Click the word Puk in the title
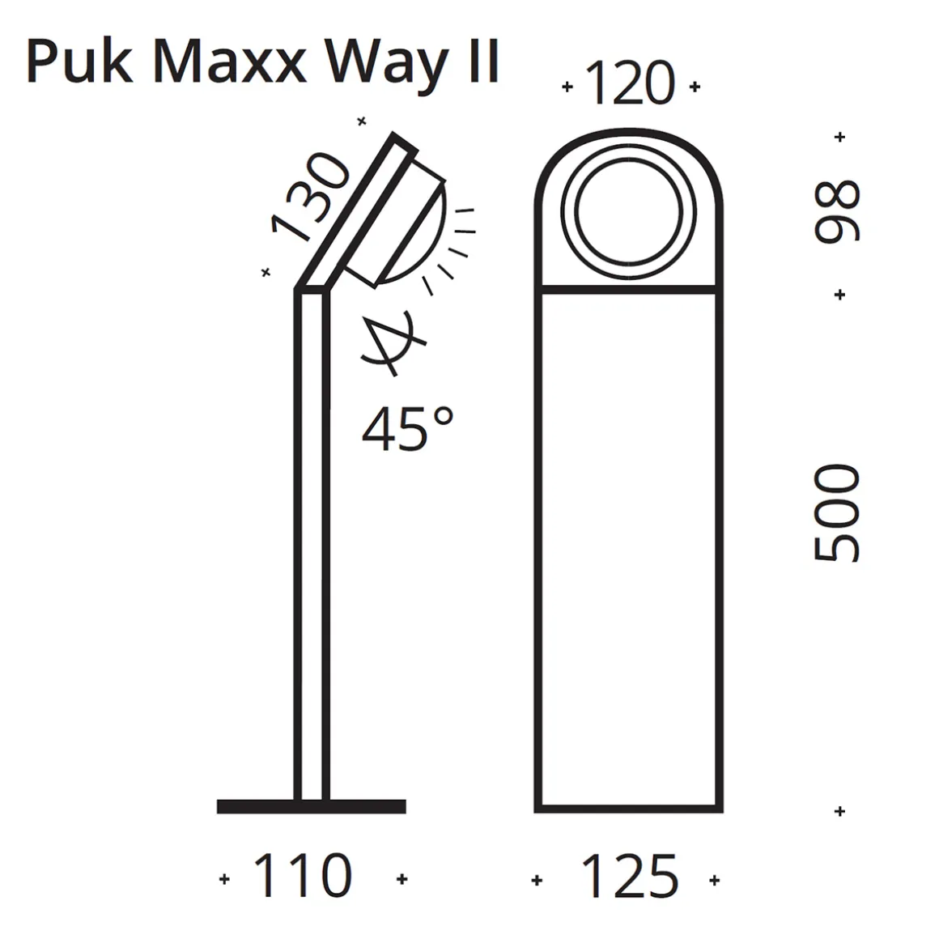pyautogui.click(x=79, y=63)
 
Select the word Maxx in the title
pyautogui.click(x=228, y=63)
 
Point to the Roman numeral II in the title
pyautogui.click(x=483, y=62)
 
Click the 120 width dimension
pyautogui.click(x=629, y=85)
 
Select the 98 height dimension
pyautogui.click(x=837, y=212)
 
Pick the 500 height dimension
pyautogui.click(x=837, y=512)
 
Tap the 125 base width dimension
pyautogui.click(x=629, y=877)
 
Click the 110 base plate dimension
pyautogui.click(x=303, y=876)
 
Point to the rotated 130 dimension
pyautogui.click(x=310, y=197)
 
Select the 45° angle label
pyautogui.click(x=407, y=429)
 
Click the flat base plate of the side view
pyautogui.click(x=311, y=805)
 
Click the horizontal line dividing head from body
pyautogui.click(x=629, y=288)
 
